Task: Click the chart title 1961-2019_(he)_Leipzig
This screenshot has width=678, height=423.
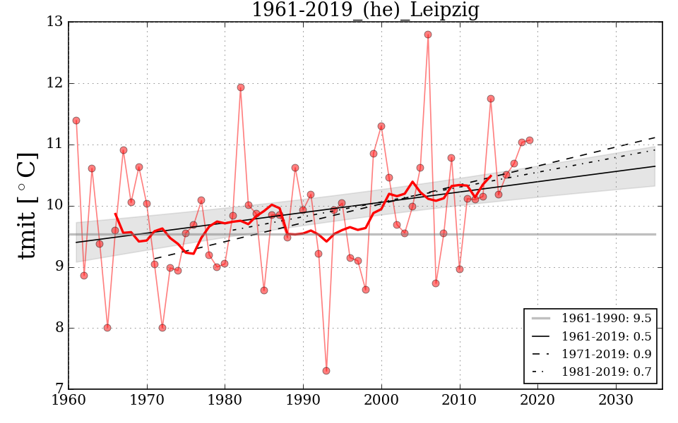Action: tap(365, 11)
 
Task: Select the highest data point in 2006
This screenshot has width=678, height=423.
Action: tap(428, 35)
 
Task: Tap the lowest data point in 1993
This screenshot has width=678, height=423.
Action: tap(326, 371)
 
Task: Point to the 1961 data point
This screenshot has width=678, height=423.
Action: tap(76, 121)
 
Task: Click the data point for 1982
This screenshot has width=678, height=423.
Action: tap(241, 87)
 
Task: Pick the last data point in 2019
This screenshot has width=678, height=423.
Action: tap(530, 140)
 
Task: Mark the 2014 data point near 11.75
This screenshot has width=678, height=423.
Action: tap(491, 99)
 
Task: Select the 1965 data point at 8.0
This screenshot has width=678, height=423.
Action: tap(107, 328)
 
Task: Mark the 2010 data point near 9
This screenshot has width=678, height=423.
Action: tap(460, 269)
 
